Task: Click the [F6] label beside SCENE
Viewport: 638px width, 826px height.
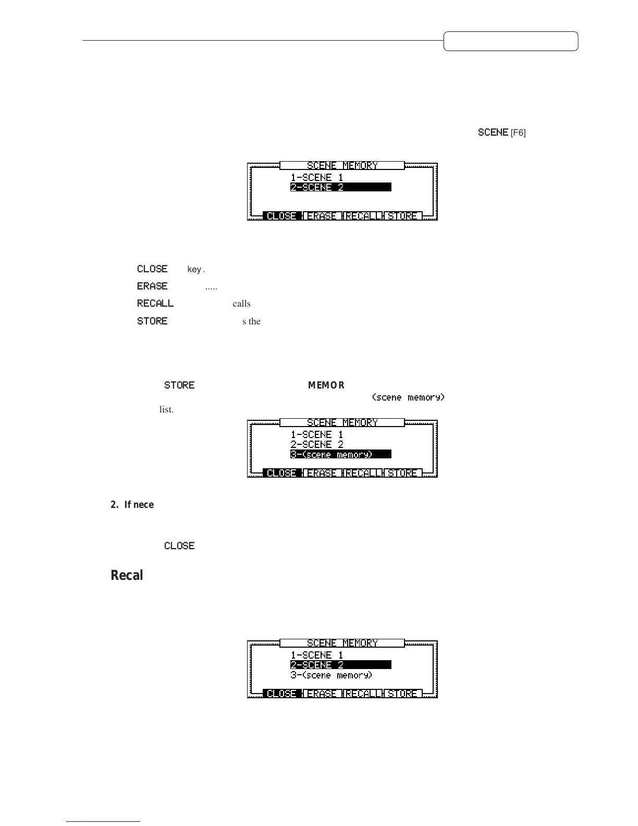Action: (518, 133)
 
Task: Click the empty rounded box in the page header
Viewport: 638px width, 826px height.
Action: (510, 41)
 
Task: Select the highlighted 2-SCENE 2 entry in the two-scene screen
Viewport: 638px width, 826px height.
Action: (340, 187)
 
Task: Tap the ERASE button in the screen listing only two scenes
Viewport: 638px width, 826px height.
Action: (322, 216)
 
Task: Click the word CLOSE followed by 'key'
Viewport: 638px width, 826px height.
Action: (152, 269)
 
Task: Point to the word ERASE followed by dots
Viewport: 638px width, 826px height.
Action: (152, 286)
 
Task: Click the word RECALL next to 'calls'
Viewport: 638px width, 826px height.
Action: (155, 303)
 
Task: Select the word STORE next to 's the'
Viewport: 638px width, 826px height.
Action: (152, 321)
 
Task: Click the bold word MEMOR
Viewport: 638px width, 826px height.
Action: (326, 385)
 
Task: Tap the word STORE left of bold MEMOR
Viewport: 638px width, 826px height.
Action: (179, 385)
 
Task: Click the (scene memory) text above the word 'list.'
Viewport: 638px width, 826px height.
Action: (408, 397)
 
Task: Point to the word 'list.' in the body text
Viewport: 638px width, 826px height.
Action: (166, 410)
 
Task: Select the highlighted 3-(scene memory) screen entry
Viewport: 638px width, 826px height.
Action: (340, 455)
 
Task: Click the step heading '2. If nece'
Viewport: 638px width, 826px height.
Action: (132, 505)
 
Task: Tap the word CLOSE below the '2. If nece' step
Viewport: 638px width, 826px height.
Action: (179, 546)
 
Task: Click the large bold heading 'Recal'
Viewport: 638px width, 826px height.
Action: (127, 575)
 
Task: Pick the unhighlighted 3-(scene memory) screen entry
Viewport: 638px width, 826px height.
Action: (332, 675)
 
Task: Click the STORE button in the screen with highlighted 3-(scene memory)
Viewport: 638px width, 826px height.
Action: (402, 473)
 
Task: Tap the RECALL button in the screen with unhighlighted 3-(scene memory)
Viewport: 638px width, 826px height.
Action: (362, 694)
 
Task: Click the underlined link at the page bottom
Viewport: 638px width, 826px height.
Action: (103, 821)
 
